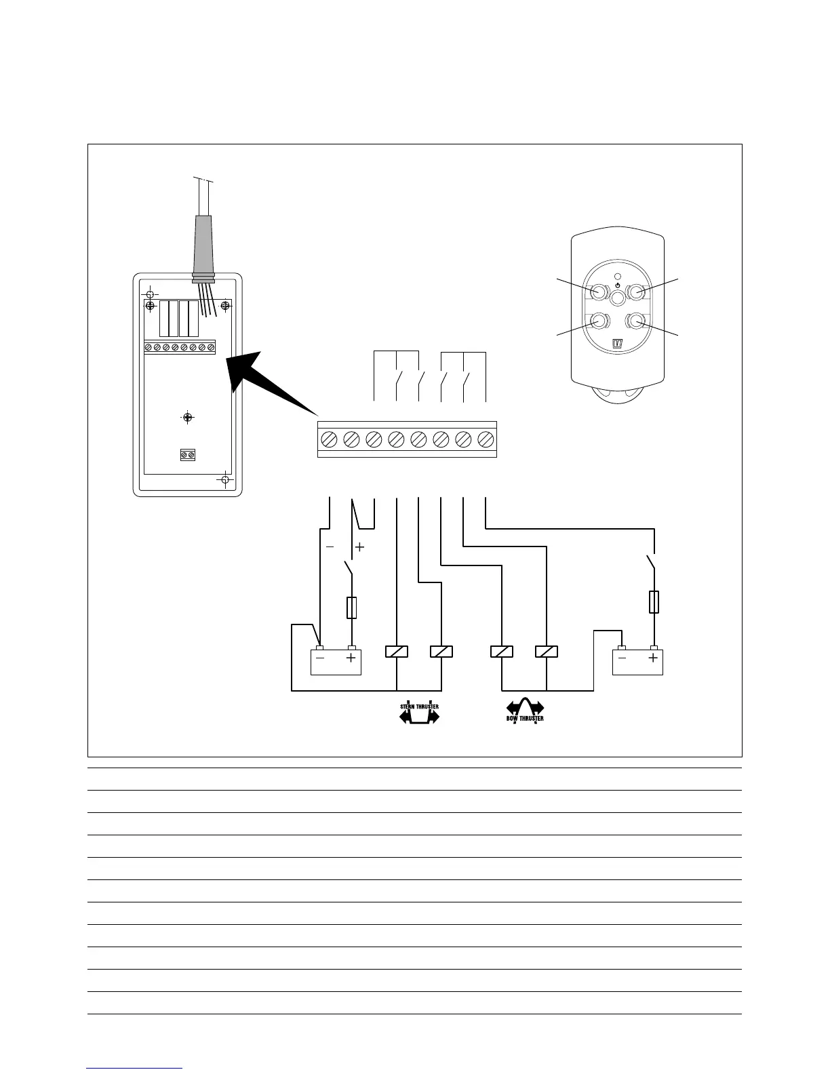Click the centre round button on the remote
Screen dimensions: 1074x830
pos(617,298)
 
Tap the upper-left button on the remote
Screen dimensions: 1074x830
pos(598,292)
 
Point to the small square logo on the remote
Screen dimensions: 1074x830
pos(618,343)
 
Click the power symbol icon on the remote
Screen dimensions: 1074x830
pos(617,285)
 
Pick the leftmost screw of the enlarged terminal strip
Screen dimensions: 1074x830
pos(329,439)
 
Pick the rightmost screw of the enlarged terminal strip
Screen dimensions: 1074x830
pos(485,439)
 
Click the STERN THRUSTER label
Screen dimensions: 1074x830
pos(418,707)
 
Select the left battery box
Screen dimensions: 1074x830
pos(336,661)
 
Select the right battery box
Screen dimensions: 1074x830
pos(637,661)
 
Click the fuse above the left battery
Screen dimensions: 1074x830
pos(351,608)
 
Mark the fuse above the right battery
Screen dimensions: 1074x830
pos(654,601)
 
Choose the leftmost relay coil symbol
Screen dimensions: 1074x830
pos(396,652)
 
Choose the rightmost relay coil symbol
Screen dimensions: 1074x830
pos(546,652)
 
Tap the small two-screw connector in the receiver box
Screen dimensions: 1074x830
pos(188,455)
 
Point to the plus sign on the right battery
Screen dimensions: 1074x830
pos(654,658)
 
